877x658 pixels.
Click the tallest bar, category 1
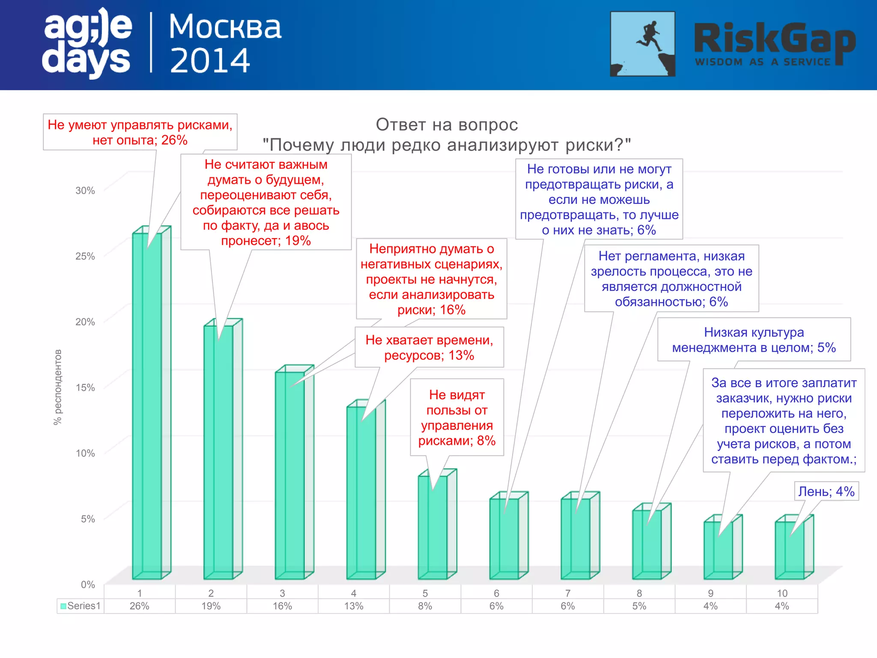coord(147,407)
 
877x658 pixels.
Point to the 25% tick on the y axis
coord(85,256)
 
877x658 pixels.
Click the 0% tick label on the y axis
coord(88,585)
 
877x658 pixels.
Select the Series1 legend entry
coord(81,606)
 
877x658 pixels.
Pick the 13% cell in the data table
coord(354,606)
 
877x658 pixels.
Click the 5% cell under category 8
coord(639,606)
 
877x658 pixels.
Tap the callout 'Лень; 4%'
coord(826,491)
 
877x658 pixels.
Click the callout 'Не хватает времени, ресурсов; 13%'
coord(429,347)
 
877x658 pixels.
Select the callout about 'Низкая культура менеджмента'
coord(754,340)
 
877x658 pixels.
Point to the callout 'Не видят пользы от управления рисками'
coord(457,417)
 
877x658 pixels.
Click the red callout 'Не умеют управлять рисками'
coord(140,132)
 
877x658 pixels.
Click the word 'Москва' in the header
coord(225,27)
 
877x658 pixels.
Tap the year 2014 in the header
coord(210,60)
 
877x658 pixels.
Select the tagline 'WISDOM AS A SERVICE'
coord(762,62)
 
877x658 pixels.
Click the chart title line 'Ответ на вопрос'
coord(447,125)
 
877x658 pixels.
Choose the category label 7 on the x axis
coord(568,593)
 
